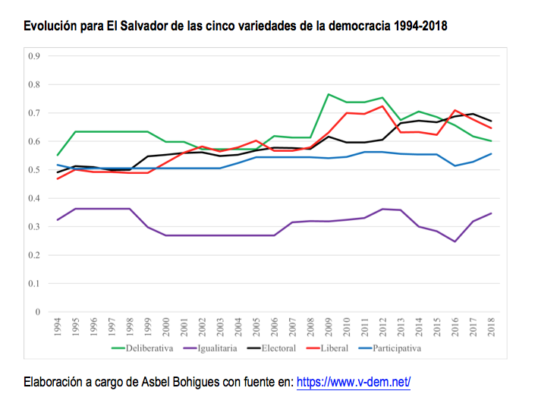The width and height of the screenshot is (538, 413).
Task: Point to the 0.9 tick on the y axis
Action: tap(33, 56)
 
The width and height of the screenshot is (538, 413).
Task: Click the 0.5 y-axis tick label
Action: tap(33, 170)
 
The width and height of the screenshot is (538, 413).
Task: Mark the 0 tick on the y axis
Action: tap(36, 312)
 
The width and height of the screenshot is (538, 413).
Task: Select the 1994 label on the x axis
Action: tap(58, 329)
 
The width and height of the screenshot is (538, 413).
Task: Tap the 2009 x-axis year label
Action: tap(329, 329)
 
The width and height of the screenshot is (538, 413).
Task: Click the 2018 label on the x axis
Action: tap(491, 329)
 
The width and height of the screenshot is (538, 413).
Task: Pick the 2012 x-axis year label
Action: tap(382, 329)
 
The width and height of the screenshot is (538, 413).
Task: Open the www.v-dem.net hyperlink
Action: tap(353, 383)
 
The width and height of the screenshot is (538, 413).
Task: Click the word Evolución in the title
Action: tap(50, 27)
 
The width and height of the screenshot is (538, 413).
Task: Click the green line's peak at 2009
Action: tap(329, 94)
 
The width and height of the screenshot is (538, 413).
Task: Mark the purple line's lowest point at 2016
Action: tap(455, 241)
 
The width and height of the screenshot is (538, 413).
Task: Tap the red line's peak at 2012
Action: tap(382, 106)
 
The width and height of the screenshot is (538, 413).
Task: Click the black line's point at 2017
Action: tap(473, 114)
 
